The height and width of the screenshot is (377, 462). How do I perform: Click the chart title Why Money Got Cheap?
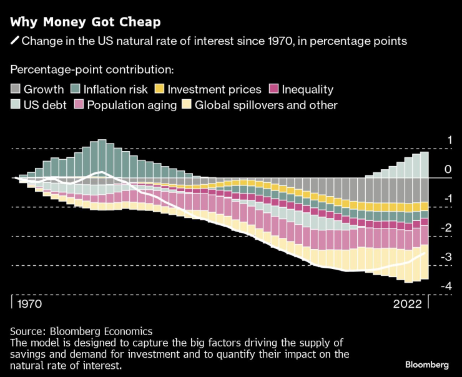tap(86, 22)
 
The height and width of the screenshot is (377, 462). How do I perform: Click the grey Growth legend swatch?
tap(16, 89)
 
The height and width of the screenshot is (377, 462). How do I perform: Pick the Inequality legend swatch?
tap(273, 89)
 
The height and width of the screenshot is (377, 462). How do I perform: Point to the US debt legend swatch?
tap(16, 105)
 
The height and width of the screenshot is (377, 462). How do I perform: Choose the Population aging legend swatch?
tap(79, 105)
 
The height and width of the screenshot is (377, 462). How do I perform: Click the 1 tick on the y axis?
tap(448, 140)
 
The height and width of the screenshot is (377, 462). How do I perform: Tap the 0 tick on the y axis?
tap(448, 170)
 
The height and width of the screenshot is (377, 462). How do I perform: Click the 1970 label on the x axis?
tap(31, 305)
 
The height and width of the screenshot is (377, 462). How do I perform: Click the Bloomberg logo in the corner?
tap(427, 364)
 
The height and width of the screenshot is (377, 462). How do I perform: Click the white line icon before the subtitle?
tap(14, 41)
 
